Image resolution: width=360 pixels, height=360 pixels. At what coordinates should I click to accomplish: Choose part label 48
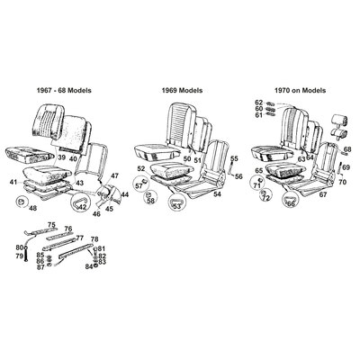coord(33,208)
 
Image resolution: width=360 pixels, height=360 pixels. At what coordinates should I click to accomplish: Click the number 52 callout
coord(140,168)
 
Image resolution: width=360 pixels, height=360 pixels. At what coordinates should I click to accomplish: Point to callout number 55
coord(233,158)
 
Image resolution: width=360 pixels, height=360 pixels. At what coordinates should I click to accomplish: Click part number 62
coord(258,102)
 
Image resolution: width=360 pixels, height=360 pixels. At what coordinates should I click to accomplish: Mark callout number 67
coord(323,193)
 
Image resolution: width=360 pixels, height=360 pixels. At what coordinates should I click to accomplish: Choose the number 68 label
coord(347,149)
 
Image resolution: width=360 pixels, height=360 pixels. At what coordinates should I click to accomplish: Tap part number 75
coord(51,224)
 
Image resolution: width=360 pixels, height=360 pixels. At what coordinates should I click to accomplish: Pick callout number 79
coord(18,256)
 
